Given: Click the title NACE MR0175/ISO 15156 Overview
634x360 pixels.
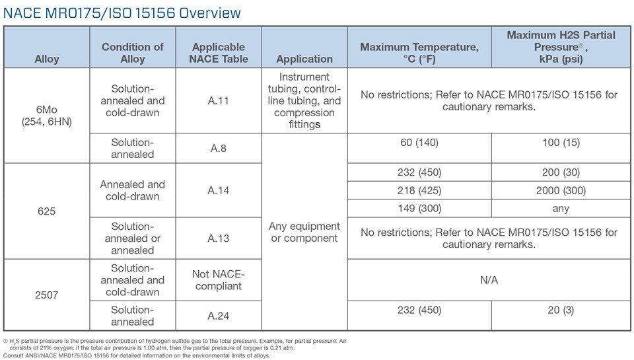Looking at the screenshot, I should (x=122, y=13).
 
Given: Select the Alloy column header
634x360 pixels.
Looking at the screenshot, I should (x=46, y=59).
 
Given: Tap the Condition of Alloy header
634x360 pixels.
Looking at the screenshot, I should (x=132, y=53).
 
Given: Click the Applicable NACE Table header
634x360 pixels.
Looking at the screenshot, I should (x=219, y=53).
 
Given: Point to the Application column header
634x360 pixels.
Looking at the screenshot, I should (x=304, y=59).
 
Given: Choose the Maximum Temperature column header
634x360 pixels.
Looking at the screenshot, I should (x=419, y=53).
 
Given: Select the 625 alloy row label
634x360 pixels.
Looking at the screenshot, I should (x=46, y=212).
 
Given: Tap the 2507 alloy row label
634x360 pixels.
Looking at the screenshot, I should (x=46, y=295).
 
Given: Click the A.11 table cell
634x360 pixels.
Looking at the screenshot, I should (x=219, y=101).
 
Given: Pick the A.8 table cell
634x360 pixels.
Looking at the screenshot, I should (x=219, y=149).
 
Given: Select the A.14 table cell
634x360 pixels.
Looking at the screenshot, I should (x=219, y=190).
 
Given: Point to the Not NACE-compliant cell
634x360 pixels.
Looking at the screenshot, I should (x=219, y=280).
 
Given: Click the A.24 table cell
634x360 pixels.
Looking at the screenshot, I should (x=219, y=316).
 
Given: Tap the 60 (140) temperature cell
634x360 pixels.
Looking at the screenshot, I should (x=419, y=142).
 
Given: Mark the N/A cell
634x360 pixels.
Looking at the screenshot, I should (x=489, y=280).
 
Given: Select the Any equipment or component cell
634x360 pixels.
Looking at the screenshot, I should (x=304, y=232).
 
